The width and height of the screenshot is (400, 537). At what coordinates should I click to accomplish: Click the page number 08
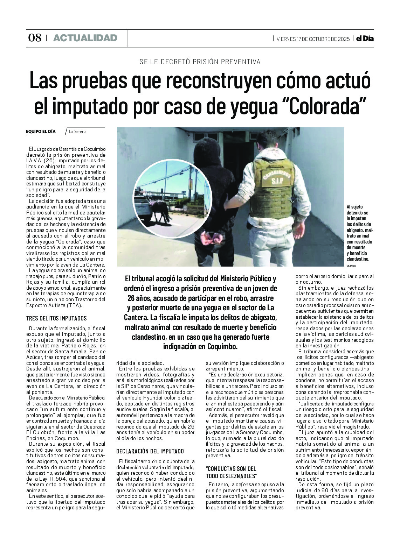pyautogui.click(x=35, y=38)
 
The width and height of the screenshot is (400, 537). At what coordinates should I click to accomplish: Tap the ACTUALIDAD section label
pyautogui.click(x=85, y=38)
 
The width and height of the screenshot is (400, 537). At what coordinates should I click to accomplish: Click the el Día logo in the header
pyautogui.click(x=365, y=38)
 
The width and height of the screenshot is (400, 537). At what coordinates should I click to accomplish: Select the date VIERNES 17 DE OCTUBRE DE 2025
pyautogui.click(x=313, y=39)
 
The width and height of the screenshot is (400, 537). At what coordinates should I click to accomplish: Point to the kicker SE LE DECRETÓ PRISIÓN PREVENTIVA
pyautogui.click(x=200, y=62)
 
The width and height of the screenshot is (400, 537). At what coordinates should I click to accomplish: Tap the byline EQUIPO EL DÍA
pyautogui.click(x=41, y=132)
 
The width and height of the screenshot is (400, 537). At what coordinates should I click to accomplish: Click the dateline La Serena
pyautogui.click(x=77, y=132)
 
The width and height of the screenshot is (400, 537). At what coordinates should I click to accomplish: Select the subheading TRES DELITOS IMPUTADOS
pyautogui.click(x=56, y=318)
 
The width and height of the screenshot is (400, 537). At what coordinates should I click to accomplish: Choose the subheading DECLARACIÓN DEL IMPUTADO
pyautogui.click(x=150, y=451)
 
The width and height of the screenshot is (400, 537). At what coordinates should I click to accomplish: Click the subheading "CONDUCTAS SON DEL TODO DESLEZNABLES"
pyautogui.click(x=231, y=472)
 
